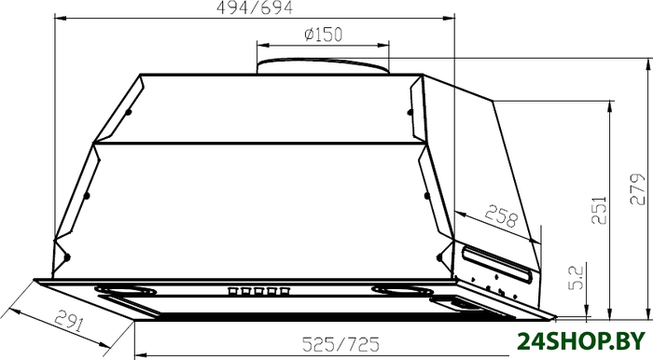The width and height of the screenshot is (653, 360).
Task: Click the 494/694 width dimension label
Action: [255, 7]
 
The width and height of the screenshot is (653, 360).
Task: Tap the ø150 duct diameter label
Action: [323, 35]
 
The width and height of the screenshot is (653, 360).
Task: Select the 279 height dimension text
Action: [637, 189]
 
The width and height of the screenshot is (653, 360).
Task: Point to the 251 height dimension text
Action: [599, 210]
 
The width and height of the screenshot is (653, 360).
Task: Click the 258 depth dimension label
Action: [502, 215]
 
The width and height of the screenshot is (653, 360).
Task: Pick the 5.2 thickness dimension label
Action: [577, 278]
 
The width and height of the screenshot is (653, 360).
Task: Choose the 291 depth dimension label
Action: [70, 320]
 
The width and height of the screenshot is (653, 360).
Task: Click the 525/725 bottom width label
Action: [340, 344]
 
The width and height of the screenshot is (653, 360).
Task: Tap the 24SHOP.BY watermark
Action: [581, 341]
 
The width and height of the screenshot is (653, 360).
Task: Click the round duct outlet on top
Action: [323, 66]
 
